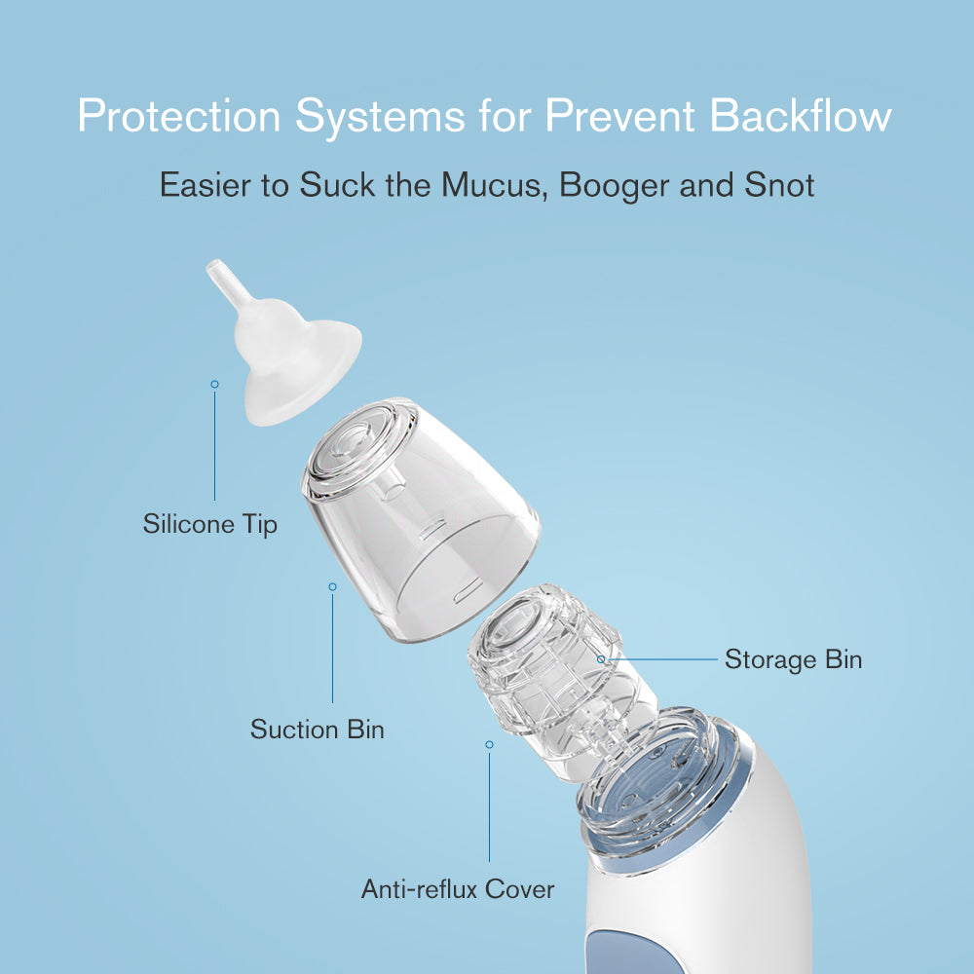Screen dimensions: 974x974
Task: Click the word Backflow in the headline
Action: (800, 116)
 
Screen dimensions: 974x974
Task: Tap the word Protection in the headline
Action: (179, 116)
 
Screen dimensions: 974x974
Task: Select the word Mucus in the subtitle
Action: (495, 184)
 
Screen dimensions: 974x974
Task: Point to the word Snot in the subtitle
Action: (779, 184)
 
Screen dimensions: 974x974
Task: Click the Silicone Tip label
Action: (210, 524)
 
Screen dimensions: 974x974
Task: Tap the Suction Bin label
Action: (317, 729)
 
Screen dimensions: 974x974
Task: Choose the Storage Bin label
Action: (793, 659)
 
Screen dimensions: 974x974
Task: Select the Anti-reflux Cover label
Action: (458, 889)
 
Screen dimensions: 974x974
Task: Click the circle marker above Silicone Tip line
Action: (215, 384)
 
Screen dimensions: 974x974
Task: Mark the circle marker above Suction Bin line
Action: (332, 586)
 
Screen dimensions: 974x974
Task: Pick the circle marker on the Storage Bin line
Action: (601, 659)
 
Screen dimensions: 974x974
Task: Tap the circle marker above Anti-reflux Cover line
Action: (490, 744)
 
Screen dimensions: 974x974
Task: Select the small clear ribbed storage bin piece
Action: (559, 677)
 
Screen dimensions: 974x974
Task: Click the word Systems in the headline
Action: (380, 117)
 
